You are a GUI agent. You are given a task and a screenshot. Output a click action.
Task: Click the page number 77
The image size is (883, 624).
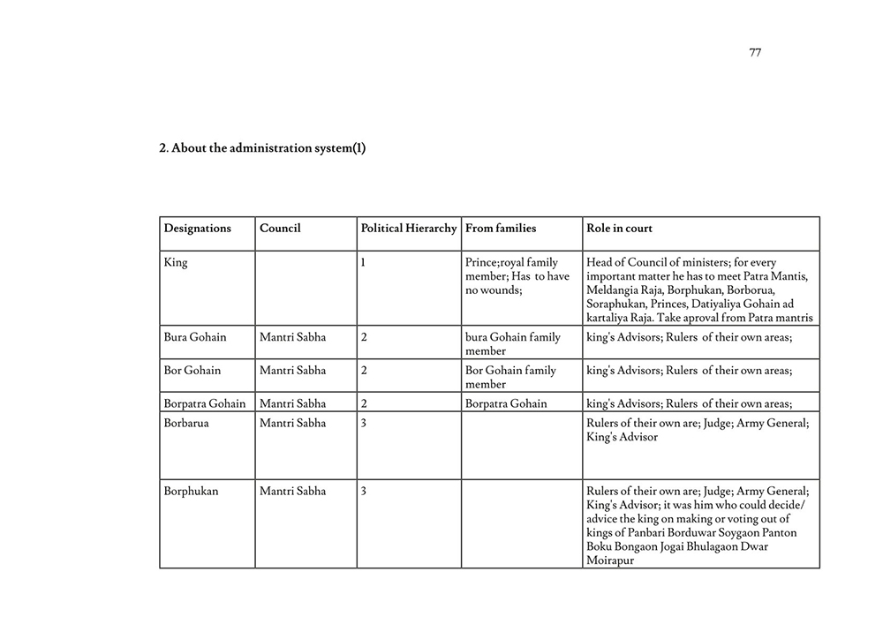755,52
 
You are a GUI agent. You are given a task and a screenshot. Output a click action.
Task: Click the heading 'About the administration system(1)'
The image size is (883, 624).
262,148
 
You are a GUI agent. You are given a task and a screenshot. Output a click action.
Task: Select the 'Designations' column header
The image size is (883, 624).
198,229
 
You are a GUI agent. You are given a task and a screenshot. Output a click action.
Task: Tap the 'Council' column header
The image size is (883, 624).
280,229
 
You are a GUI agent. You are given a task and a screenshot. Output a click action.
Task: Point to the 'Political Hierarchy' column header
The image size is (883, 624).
409,229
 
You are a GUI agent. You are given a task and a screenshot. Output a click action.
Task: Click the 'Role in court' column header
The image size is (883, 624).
620,229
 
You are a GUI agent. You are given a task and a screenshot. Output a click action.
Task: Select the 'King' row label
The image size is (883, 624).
176,263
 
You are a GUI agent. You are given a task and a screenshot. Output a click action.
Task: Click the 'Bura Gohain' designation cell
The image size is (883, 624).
195,337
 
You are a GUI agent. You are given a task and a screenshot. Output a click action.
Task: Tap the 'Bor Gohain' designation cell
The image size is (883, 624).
192,371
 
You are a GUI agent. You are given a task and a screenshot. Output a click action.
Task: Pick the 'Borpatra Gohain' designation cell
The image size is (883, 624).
205,404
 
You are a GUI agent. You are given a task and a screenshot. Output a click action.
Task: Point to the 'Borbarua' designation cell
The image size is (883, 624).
186,424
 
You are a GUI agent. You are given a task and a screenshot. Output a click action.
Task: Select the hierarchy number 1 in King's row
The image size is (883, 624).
364,263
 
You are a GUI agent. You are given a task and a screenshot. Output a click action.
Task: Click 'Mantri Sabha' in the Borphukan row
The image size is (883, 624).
292,492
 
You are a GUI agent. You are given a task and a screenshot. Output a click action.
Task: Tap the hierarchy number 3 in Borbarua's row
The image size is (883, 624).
364,424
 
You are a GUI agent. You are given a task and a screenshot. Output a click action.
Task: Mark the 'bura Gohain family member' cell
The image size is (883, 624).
512,344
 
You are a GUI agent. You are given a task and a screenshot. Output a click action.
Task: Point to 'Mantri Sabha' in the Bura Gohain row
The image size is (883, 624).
292,337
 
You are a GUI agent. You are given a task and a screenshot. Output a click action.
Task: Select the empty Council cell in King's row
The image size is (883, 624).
306,288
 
